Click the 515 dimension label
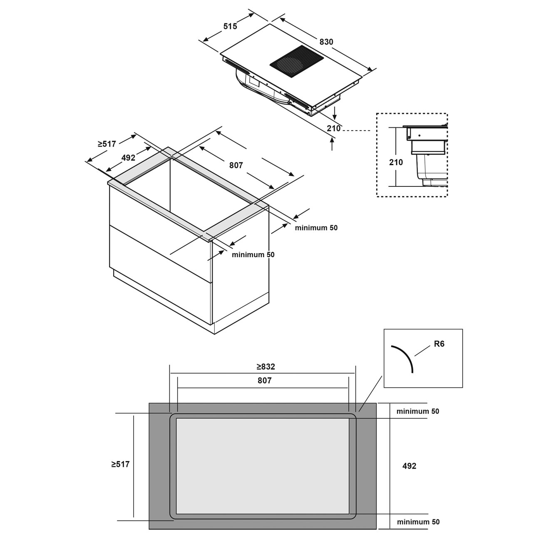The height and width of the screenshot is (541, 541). (x=230, y=26)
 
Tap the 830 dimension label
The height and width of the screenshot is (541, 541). (x=326, y=42)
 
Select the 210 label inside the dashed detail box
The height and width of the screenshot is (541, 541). (x=396, y=162)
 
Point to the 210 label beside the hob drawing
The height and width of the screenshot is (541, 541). (x=333, y=128)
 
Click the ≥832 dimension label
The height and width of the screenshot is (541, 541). (x=266, y=366)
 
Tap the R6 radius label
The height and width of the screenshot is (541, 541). (x=439, y=344)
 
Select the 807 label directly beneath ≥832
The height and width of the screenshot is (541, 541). (x=264, y=380)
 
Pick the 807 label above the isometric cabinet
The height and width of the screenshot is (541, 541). (x=236, y=165)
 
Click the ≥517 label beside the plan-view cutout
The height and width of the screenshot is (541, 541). (x=120, y=464)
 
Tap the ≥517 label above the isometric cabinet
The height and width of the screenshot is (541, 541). (x=107, y=144)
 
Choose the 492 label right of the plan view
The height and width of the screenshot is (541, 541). (x=409, y=466)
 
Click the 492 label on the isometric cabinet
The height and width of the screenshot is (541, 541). (x=128, y=158)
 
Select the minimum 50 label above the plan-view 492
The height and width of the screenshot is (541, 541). (x=418, y=411)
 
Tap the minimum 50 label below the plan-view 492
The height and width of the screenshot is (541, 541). (x=418, y=522)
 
